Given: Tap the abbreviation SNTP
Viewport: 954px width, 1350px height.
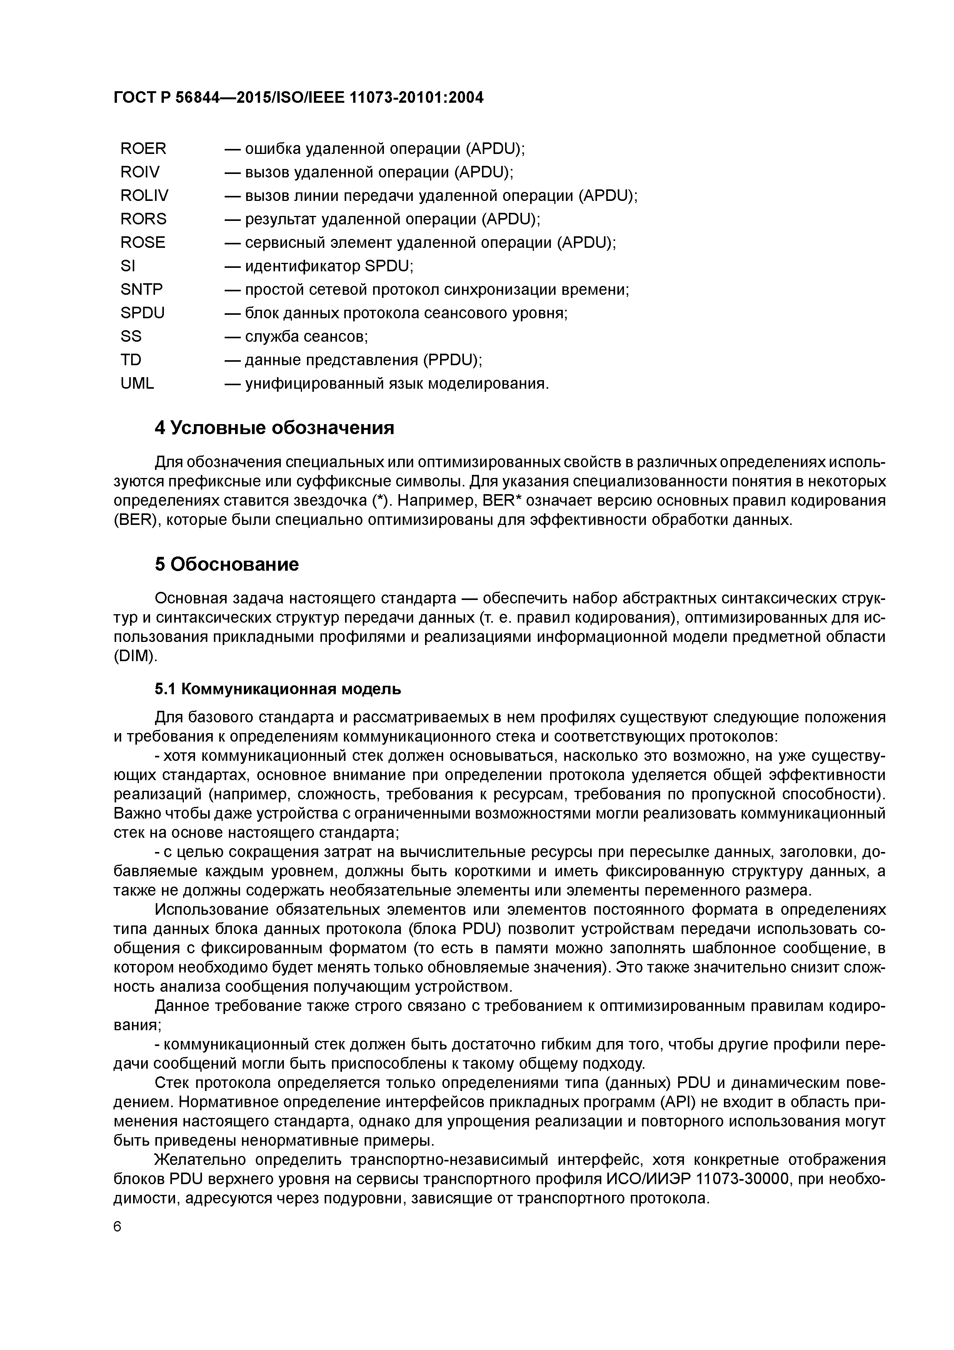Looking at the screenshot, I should pyautogui.click(x=141, y=290).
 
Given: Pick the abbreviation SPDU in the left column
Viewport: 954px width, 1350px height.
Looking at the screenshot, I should pyautogui.click(x=142, y=313).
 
